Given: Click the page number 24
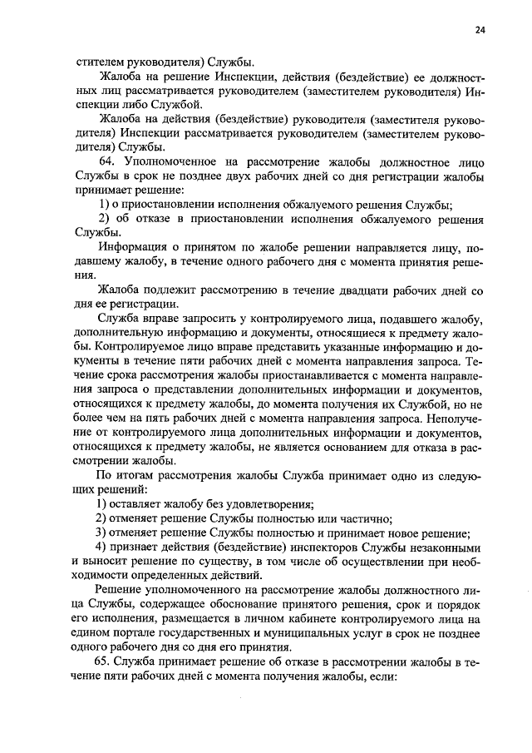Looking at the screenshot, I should (x=480, y=30).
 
